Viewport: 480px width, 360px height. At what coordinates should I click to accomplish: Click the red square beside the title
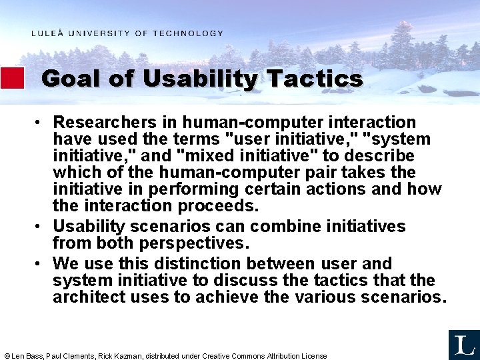[12, 78]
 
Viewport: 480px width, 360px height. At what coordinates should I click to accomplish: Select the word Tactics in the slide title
[314, 79]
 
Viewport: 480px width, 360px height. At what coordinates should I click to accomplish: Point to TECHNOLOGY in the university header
[188, 33]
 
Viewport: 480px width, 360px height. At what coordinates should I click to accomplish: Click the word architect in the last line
[87, 297]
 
